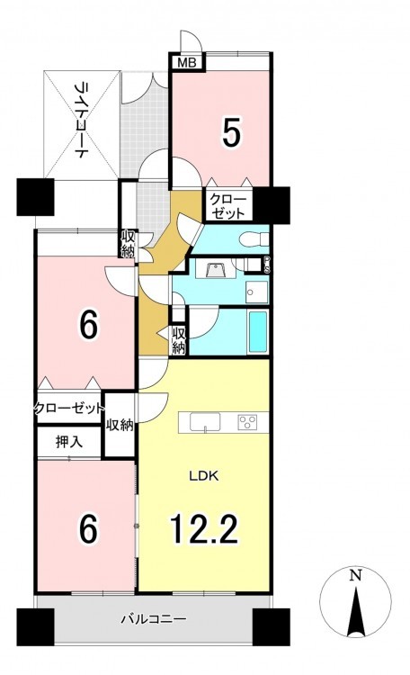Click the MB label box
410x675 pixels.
coord(187,63)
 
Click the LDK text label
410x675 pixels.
coord(205,476)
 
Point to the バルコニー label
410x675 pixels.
coord(153,619)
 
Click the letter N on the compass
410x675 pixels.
coord(355,575)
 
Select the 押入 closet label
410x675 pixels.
coord(69,441)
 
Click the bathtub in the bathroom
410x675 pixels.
coord(258,331)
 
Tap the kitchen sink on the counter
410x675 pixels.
coord(205,421)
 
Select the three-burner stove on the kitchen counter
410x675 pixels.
coord(247,422)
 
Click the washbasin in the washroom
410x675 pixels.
coord(214,271)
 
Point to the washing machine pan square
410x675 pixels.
coord(257,292)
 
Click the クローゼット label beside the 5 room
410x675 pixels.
coord(227,206)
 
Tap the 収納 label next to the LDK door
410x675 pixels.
coord(120,426)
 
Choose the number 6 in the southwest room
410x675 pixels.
coord(88,529)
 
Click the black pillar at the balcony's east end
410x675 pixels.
coord(271,626)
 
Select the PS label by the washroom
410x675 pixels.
coord(267,265)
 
